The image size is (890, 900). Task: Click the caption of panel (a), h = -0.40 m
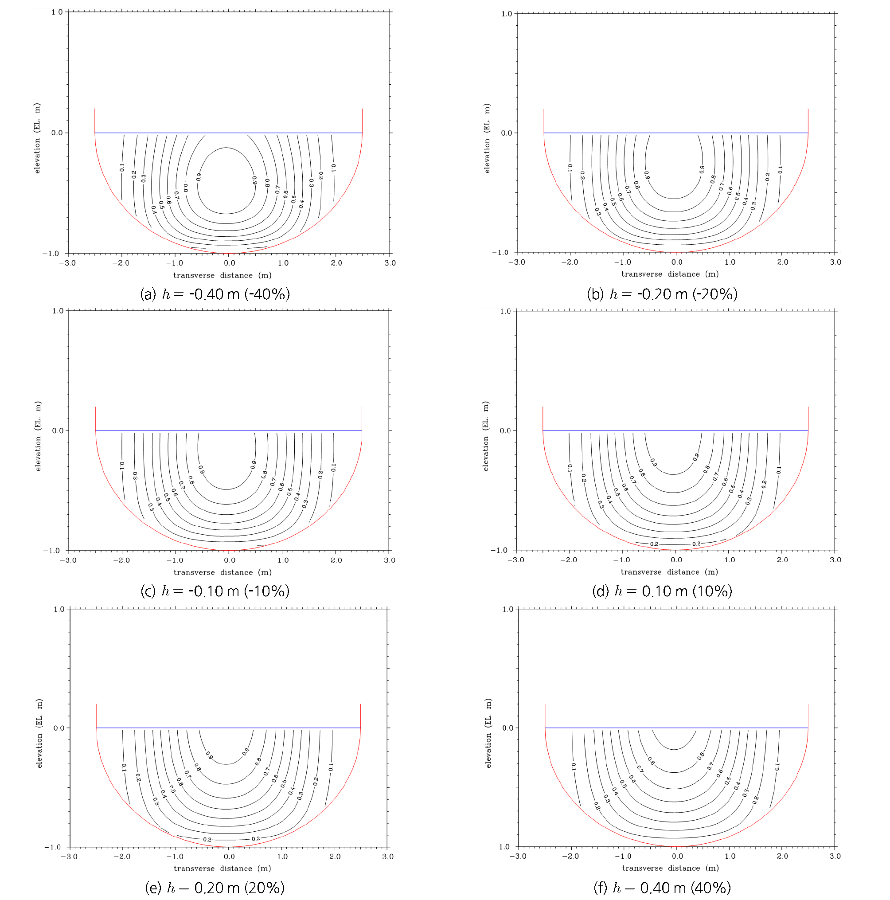[215, 294]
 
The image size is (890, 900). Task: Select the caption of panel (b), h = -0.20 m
[662, 294]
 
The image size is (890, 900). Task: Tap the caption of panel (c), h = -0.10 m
[215, 591]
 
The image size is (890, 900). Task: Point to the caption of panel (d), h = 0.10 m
[662, 591]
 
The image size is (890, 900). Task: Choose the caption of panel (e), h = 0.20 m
[215, 888]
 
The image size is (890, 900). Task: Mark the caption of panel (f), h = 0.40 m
[662, 888]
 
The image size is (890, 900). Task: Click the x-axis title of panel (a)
[222, 275]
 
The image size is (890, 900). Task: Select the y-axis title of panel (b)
[487, 138]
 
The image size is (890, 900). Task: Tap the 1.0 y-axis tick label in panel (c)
[57, 311]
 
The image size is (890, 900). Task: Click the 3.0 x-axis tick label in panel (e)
[387, 856]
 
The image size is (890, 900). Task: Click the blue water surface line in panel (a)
[228, 133]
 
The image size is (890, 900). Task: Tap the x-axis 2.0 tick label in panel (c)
[336, 560]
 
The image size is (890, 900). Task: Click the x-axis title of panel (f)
[670, 868]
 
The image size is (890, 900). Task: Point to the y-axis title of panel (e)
[39, 734]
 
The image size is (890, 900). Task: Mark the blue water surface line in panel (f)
[676, 728]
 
